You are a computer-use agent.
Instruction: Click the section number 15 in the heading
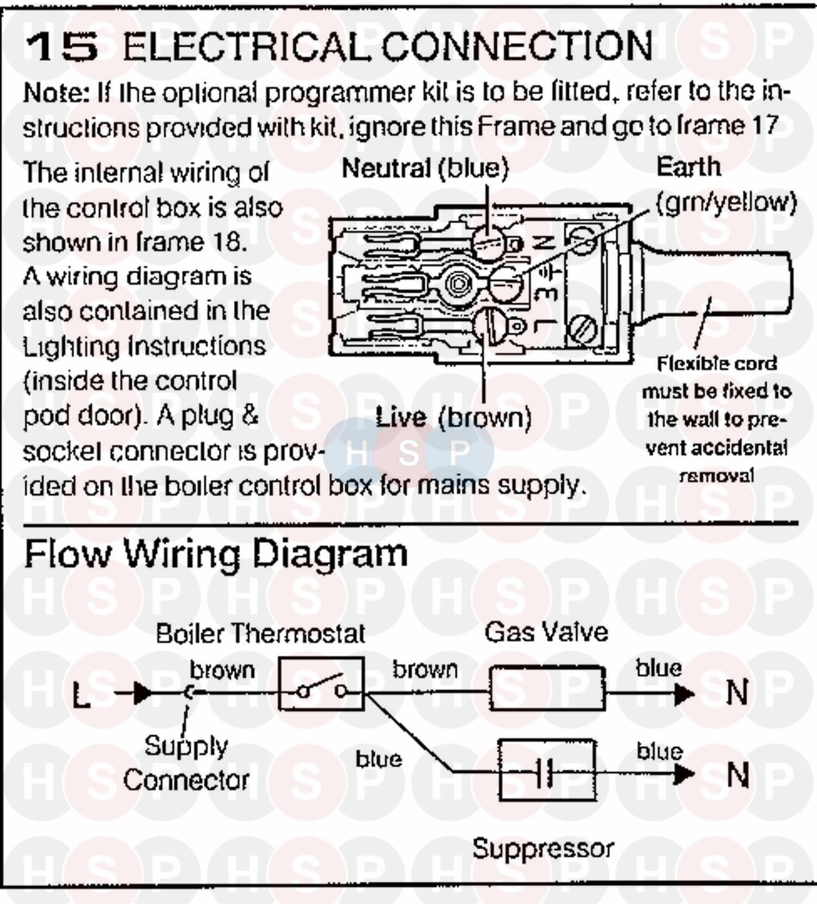(62, 47)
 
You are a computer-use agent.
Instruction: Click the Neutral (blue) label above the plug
(425, 169)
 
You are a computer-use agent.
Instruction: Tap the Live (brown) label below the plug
(453, 418)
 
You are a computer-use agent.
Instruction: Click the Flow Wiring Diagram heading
(216, 554)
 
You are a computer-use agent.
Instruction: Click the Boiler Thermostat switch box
(321, 684)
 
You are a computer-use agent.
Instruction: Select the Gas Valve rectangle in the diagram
(547, 688)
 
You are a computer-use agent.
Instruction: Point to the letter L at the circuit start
(82, 695)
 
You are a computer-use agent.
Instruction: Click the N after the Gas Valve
(737, 693)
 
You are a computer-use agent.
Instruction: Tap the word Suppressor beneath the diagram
(542, 848)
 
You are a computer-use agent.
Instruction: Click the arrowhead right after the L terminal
(143, 693)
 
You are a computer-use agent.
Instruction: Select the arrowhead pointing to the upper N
(684, 694)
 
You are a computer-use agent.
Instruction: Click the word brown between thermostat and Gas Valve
(425, 670)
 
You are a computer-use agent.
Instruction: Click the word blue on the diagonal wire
(379, 759)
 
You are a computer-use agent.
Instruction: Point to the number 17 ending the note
(764, 126)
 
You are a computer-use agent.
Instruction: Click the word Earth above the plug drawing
(688, 167)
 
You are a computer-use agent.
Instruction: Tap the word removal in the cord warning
(717, 476)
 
